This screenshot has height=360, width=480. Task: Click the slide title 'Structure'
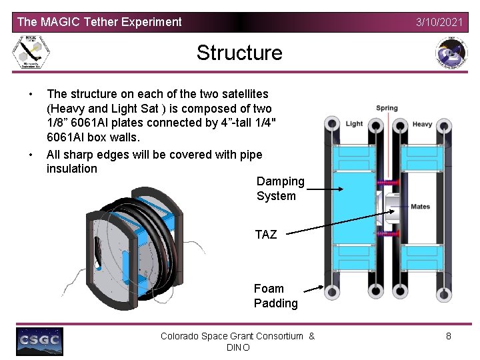point(239,53)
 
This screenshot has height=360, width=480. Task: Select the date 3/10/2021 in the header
point(439,22)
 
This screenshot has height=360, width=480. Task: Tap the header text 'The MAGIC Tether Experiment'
point(99,22)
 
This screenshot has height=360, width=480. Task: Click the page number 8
point(448,336)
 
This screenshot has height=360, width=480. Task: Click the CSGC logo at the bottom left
point(40,341)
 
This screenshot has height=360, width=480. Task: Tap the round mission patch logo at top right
point(451,53)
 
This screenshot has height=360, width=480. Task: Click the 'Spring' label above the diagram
point(387,108)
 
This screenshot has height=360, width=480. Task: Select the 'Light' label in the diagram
point(354,123)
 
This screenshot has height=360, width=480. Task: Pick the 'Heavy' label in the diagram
point(422,124)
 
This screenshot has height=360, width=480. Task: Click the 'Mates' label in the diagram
point(420,207)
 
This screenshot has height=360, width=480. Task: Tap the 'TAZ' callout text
point(265,234)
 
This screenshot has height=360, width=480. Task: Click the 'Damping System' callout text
point(280,189)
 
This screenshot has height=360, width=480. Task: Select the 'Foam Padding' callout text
point(275,296)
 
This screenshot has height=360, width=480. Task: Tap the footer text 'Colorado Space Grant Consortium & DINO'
point(237,342)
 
